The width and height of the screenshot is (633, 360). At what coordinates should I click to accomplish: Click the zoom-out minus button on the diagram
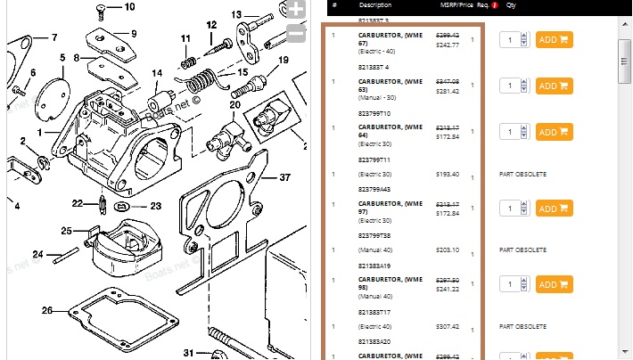297,36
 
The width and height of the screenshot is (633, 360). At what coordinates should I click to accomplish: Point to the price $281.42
447,90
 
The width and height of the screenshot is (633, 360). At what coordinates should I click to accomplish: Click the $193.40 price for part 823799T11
446,173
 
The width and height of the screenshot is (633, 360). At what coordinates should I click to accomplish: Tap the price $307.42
447,326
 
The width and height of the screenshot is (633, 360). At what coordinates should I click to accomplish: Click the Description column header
375,4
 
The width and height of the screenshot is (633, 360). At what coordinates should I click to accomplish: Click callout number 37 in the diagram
285,176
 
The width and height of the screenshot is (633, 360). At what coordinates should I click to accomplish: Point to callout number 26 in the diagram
46,311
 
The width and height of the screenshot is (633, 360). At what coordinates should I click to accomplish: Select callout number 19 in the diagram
284,61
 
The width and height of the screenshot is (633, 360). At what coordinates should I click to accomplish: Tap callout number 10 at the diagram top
129,6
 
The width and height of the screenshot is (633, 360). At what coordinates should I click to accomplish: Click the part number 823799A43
374,189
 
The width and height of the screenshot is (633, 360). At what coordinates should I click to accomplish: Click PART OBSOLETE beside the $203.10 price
522,250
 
